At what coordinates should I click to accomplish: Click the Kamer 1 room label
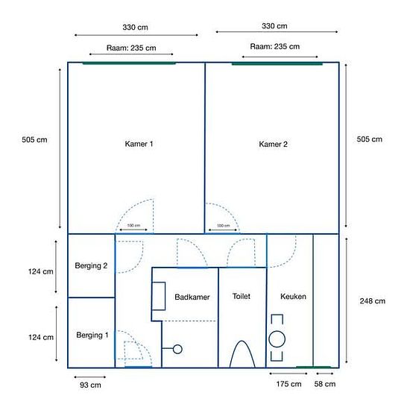pyautogui.click(x=139, y=144)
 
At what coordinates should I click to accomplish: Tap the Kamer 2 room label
pyautogui.click(x=273, y=144)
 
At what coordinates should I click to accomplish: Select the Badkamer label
pyautogui.click(x=192, y=297)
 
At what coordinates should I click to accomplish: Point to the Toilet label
pyautogui.click(x=242, y=296)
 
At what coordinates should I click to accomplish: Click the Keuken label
pyautogui.click(x=293, y=297)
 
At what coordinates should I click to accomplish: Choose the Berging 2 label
pyautogui.click(x=91, y=266)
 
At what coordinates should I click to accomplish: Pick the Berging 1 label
pyautogui.click(x=92, y=335)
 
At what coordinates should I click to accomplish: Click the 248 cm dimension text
pyautogui.click(x=372, y=301)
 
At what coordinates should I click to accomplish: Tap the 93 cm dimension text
pyautogui.click(x=90, y=385)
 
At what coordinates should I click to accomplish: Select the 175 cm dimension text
pyautogui.click(x=288, y=384)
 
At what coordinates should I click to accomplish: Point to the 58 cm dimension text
pyautogui.click(x=325, y=384)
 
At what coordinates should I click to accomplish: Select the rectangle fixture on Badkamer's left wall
pyautogui.click(x=152, y=296)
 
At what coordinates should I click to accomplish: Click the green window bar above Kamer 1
pyautogui.click(x=129, y=63)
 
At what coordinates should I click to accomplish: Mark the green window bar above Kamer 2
pyautogui.click(x=277, y=63)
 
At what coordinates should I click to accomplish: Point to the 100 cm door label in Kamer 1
pyautogui.click(x=133, y=225)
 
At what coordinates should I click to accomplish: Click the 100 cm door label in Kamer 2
pyautogui.click(x=224, y=226)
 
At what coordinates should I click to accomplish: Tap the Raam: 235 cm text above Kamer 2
pyautogui.click(x=275, y=46)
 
